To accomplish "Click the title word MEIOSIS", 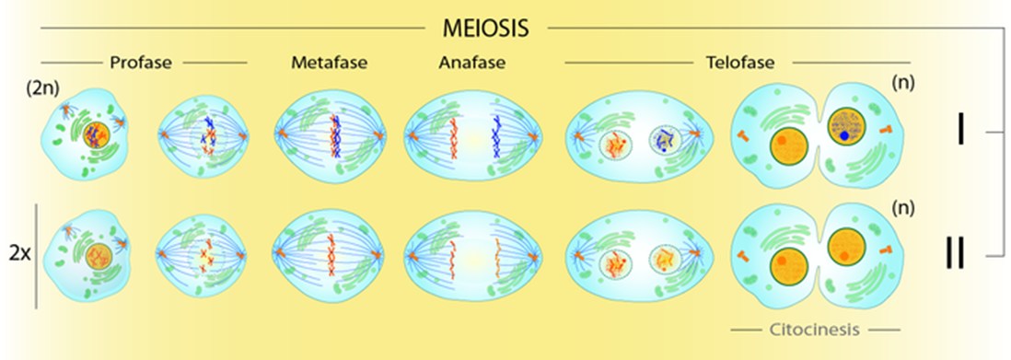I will coord(486,28).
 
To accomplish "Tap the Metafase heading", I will coord(329,64).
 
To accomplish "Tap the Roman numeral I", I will coord(960,132).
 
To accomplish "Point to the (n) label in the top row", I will coord(903,83).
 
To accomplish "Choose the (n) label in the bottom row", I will coord(903,207).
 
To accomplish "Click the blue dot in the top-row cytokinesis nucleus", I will coord(844,136).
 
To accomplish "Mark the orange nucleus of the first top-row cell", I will coord(95,136).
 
